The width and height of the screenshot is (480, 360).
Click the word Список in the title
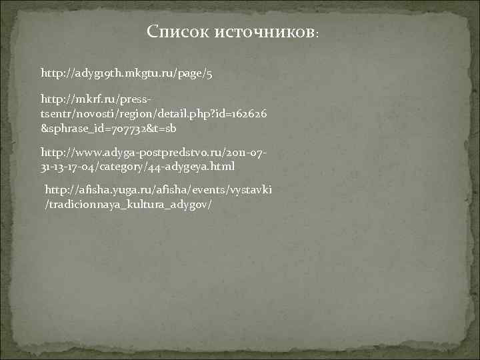178,31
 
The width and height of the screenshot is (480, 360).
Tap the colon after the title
318,33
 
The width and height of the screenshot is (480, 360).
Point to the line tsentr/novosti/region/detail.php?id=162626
154,115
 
